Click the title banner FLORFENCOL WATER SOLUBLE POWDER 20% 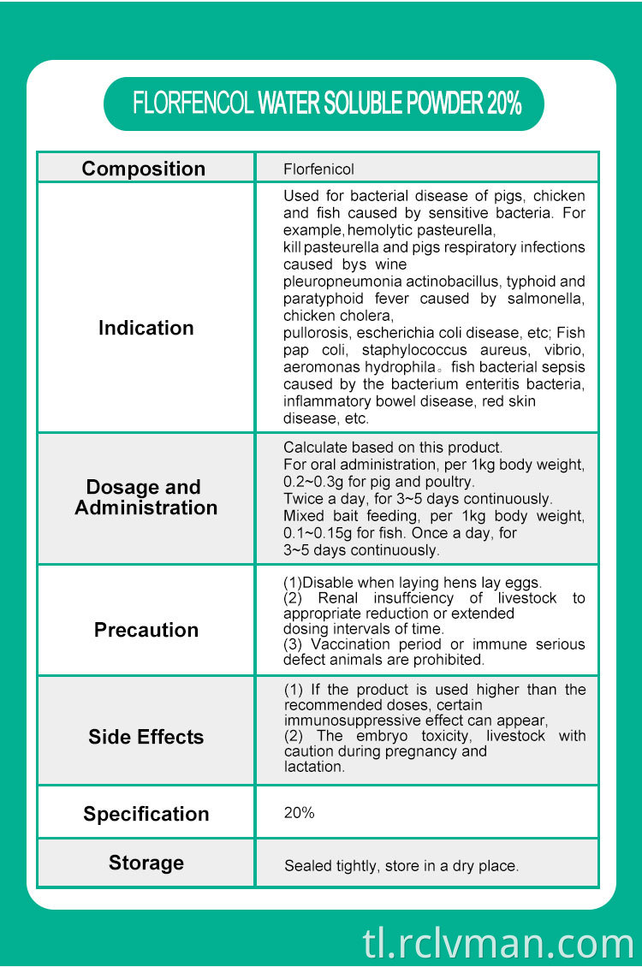click(326, 104)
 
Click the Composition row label click(144, 169)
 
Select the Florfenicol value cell click(318, 169)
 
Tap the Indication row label click(146, 328)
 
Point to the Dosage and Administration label click(146, 497)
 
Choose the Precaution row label click(146, 630)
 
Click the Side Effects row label click(146, 737)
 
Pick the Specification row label click(146, 814)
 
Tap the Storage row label click(146, 863)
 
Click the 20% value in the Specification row click(299, 813)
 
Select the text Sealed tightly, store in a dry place click(401, 866)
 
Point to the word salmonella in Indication click(550, 299)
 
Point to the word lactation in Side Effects click(313, 767)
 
